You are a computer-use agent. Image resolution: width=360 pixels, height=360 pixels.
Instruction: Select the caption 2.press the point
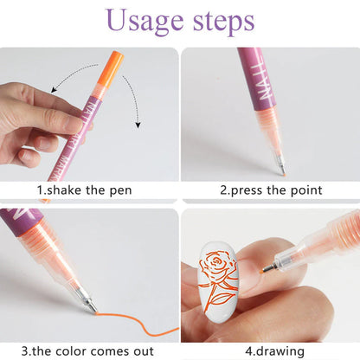pyautogui.click(x=271, y=190)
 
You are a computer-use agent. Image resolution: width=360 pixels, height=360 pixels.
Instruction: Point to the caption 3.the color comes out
pyautogui.click(x=89, y=350)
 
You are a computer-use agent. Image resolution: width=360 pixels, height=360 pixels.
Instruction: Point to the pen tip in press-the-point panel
pyautogui.click(x=280, y=164)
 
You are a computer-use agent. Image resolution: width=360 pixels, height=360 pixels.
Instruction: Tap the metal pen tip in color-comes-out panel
pyautogui.click(x=87, y=304)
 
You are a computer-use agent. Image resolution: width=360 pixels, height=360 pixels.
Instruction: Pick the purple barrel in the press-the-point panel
pyautogui.click(x=252, y=78)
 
